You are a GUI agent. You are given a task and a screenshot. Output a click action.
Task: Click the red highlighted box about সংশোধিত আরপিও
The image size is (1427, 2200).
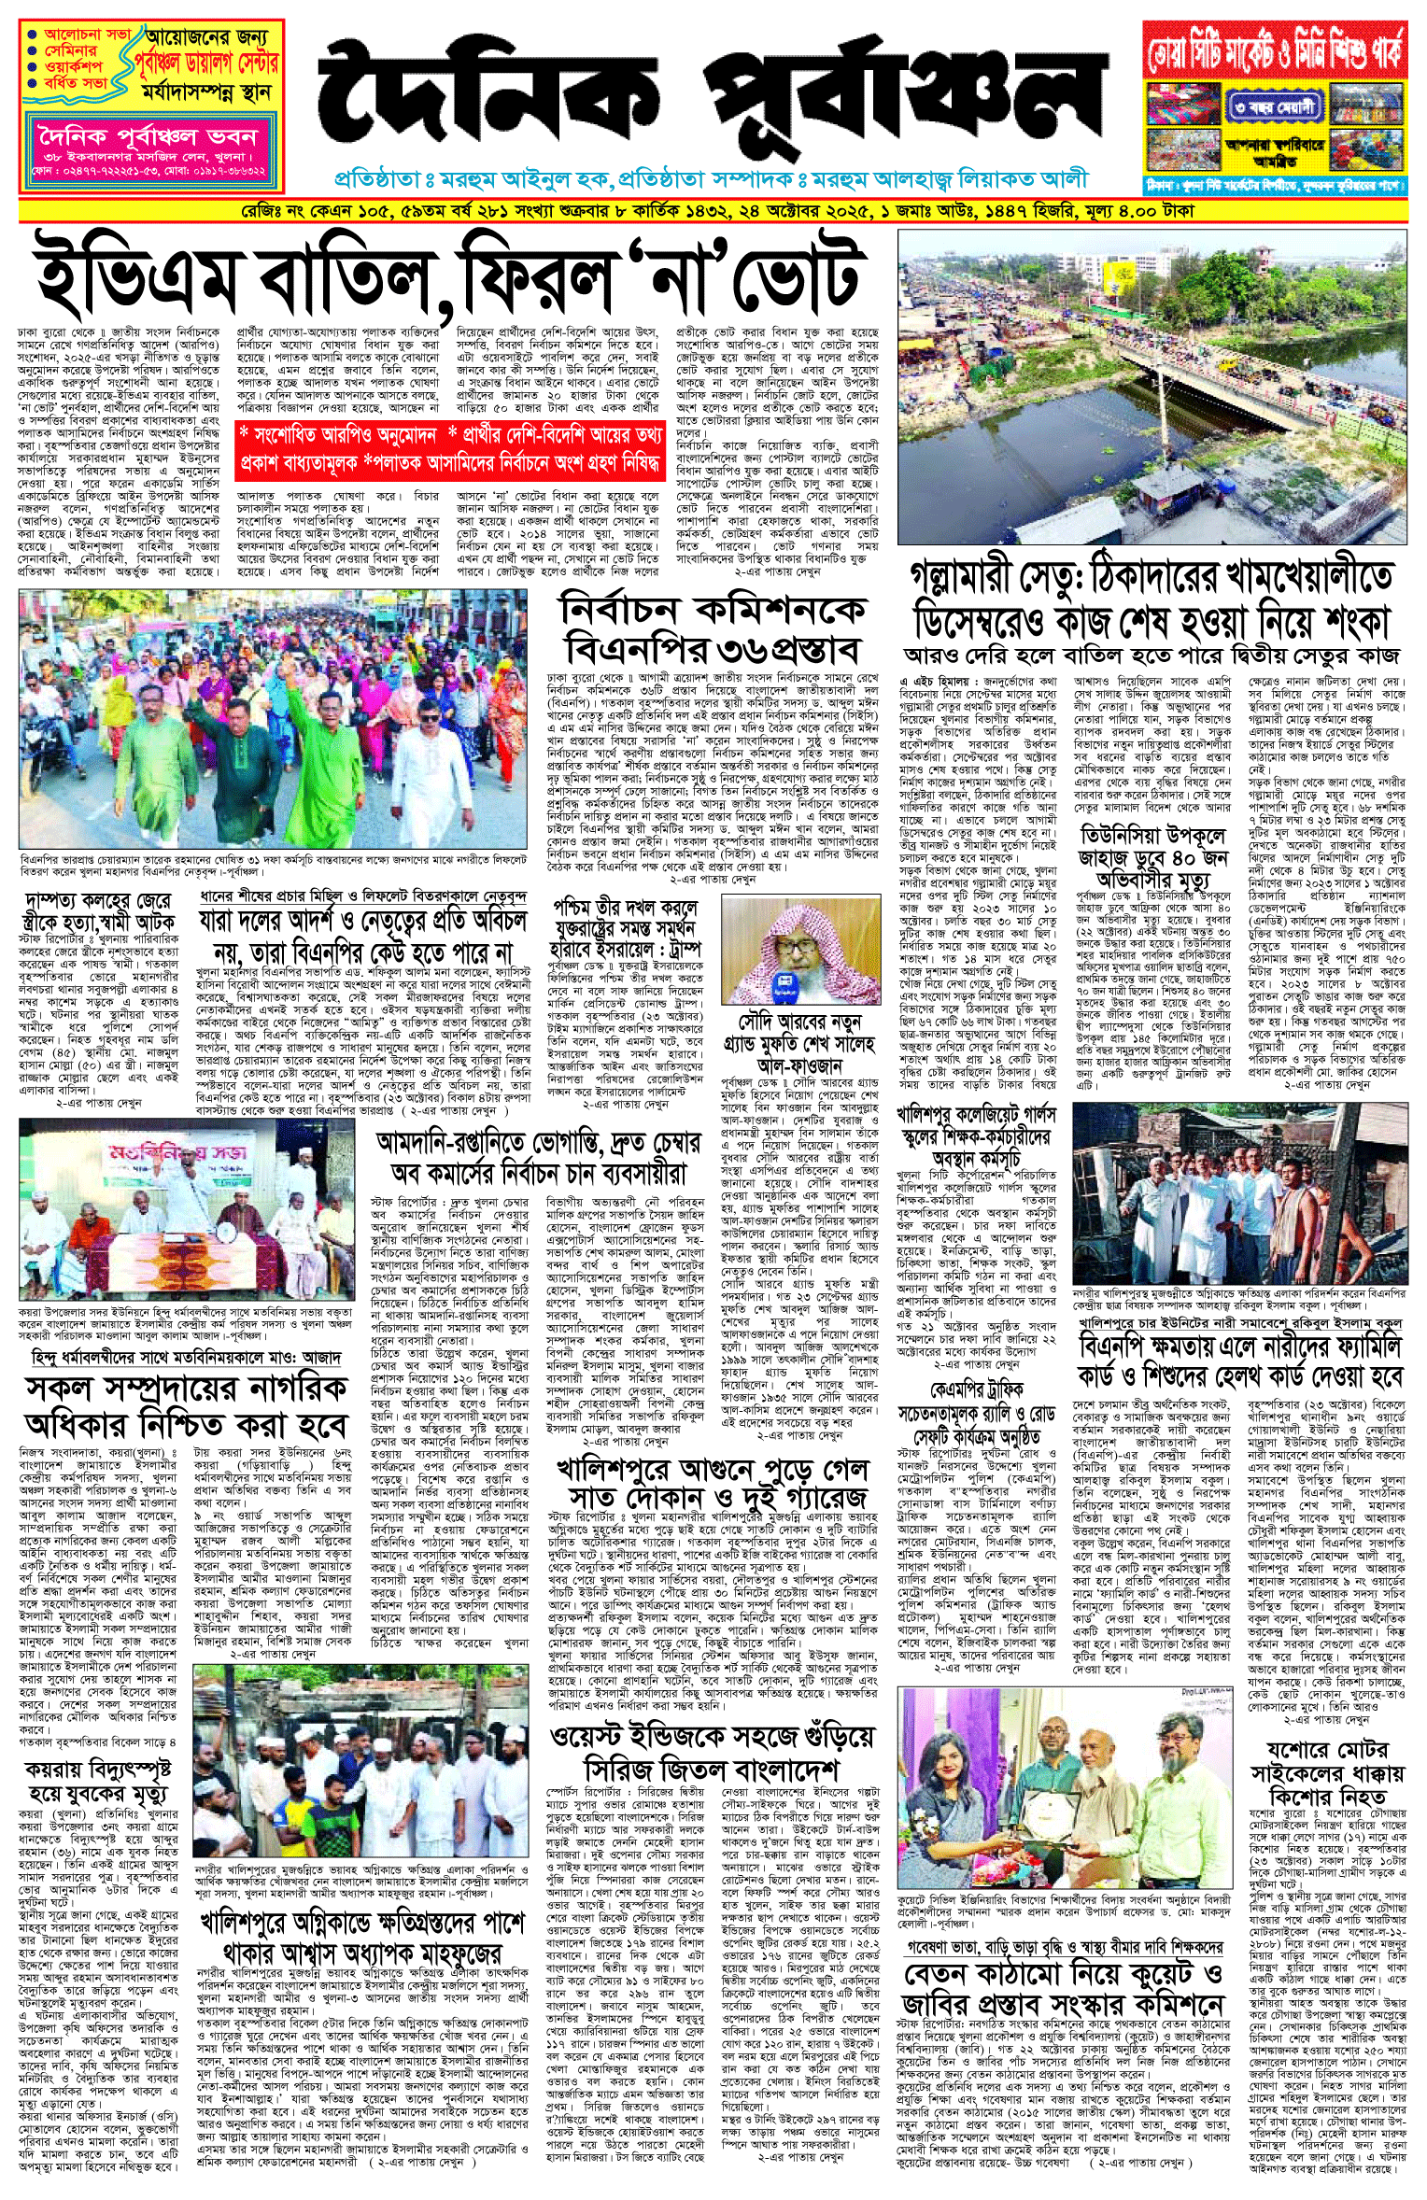(x=448, y=447)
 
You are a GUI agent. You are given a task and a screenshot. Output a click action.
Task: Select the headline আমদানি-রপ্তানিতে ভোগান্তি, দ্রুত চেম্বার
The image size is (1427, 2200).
(x=537, y=1157)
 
